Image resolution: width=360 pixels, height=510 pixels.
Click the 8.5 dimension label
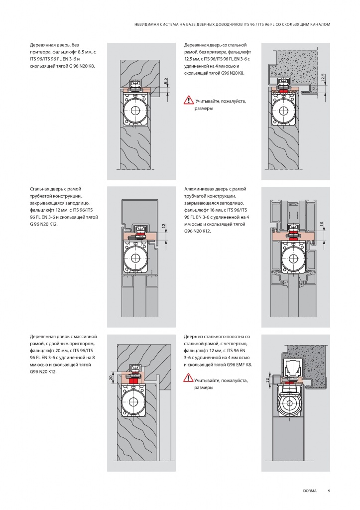165,81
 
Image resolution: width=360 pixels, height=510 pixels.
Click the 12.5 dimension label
322,78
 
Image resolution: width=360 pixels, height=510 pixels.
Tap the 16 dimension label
322,224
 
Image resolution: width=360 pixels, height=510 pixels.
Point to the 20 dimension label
111,378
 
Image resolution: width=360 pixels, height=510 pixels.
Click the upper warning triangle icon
189,100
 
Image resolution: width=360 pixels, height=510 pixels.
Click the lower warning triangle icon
188,378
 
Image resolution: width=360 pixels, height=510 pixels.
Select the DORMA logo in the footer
310,491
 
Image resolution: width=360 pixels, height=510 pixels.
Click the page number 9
329,491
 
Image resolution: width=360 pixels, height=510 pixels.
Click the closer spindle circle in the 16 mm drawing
293,259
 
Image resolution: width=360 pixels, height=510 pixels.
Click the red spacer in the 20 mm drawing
133,381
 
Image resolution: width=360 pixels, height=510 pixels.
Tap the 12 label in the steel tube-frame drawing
164,226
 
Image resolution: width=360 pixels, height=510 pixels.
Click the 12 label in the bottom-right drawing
267,380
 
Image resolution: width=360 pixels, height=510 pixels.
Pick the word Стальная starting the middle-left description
40,189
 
